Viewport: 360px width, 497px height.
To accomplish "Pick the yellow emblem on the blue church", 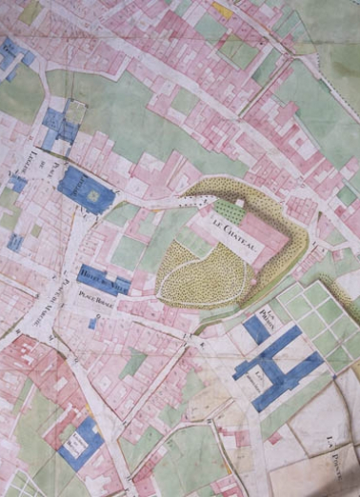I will [94, 195].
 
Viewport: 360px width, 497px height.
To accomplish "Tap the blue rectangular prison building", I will [255, 329].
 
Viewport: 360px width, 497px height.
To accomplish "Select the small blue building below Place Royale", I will [92, 324].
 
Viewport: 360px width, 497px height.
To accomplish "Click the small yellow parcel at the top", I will [222, 10].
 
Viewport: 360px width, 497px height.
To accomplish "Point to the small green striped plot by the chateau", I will [226, 206].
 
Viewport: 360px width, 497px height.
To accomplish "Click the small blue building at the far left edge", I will [14, 242].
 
